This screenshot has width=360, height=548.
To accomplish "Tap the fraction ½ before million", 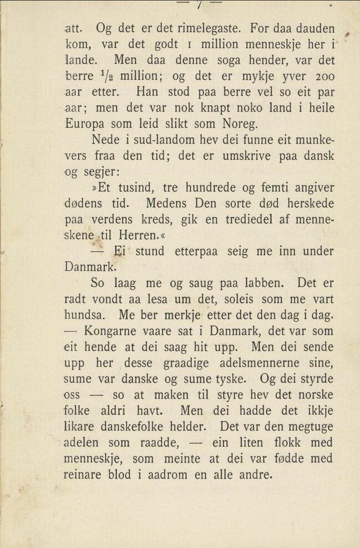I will [x=99, y=74].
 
